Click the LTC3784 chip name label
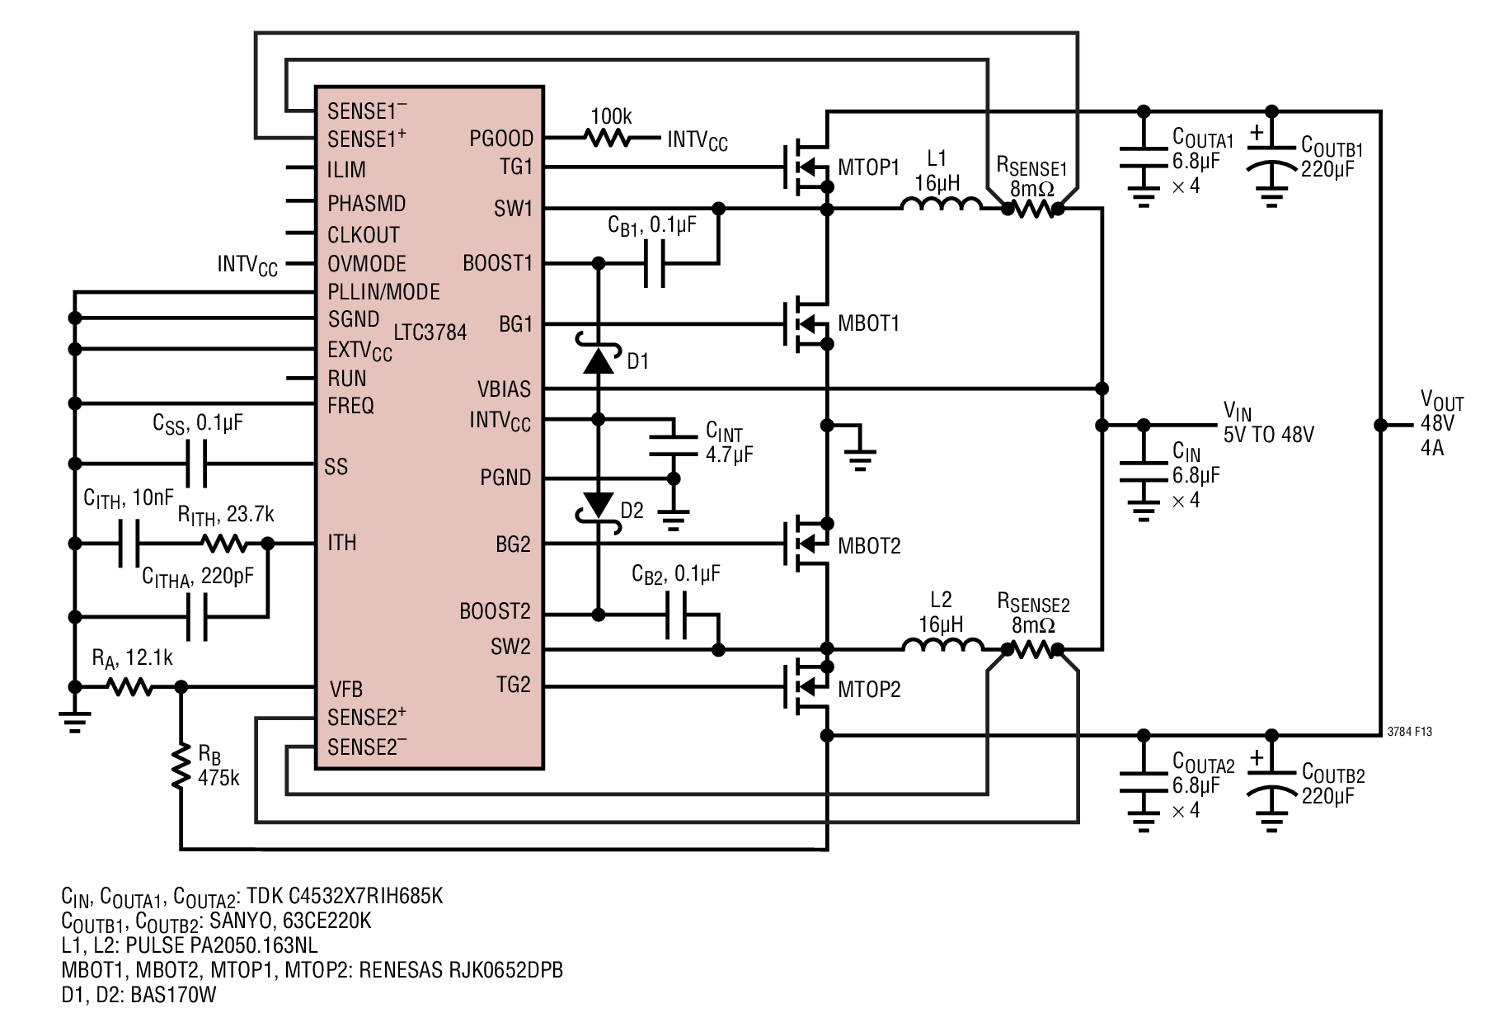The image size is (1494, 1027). click(x=430, y=332)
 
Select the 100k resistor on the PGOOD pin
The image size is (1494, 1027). click(x=610, y=138)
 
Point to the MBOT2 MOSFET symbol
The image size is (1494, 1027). click(x=807, y=544)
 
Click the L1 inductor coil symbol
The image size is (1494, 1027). click(x=941, y=204)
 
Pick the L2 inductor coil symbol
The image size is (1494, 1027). click(x=942, y=644)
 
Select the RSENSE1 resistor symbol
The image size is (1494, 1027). click(x=1032, y=210)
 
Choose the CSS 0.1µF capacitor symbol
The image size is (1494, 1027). click(x=196, y=464)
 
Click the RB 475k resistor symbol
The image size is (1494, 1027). click(x=181, y=767)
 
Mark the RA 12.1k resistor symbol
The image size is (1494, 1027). click(x=129, y=686)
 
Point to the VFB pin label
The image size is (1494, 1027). click(x=345, y=689)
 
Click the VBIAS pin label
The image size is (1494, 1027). click(x=504, y=389)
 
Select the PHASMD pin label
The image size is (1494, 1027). click(x=366, y=203)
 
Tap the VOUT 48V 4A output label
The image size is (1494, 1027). click(x=1441, y=425)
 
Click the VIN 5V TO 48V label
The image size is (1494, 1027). click(x=1267, y=422)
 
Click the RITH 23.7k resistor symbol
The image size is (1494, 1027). click(x=223, y=544)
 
